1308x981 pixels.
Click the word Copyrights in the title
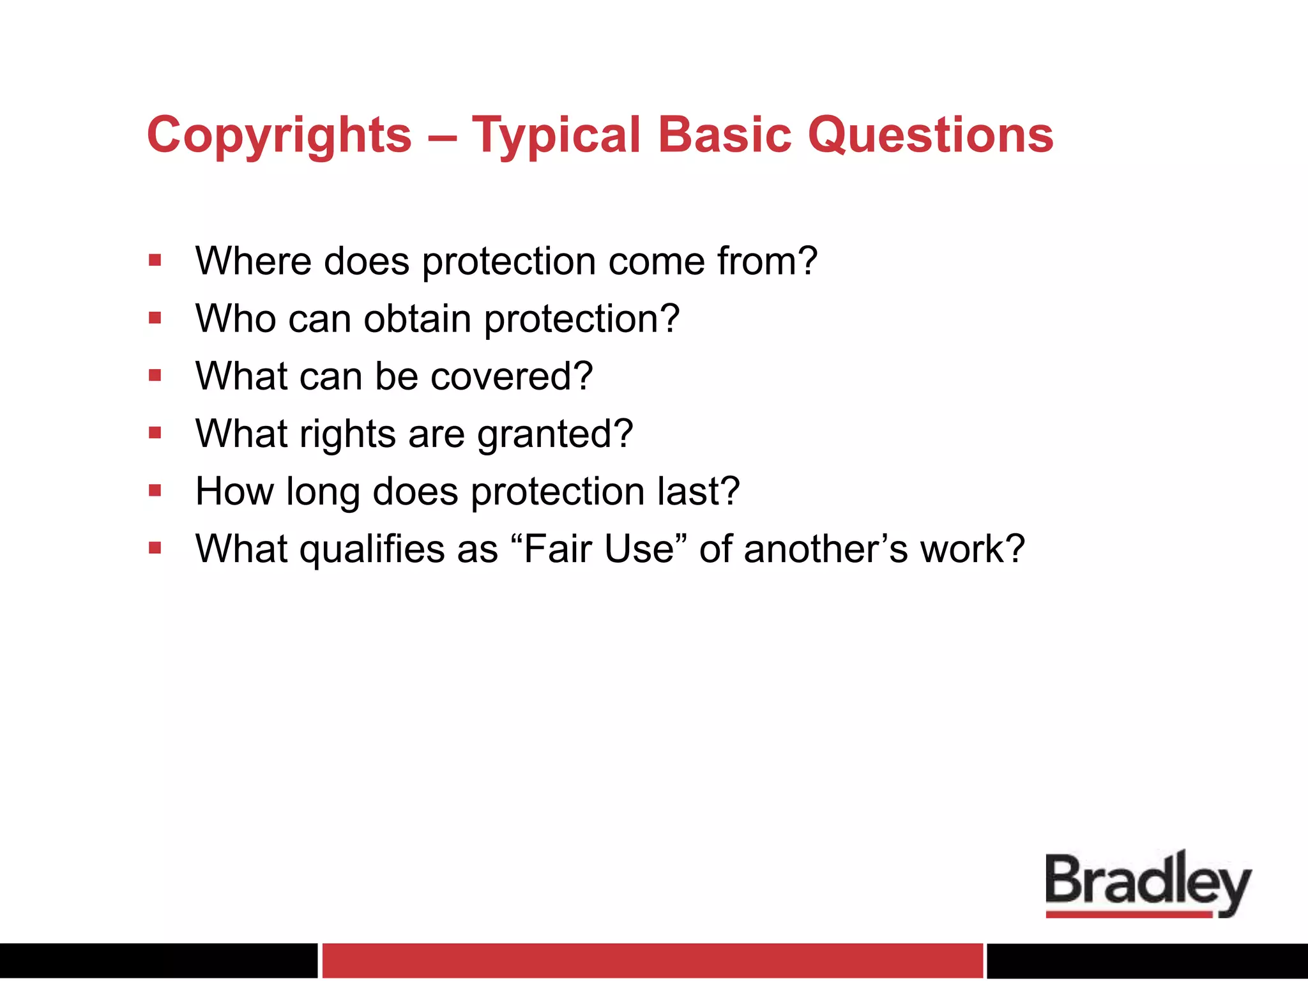pyautogui.click(x=279, y=135)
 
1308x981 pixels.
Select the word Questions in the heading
pyautogui.click(x=931, y=135)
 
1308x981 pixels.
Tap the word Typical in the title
pyautogui.click(x=556, y=135)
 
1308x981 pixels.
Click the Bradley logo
pyautogui.click(x=1148, y=884)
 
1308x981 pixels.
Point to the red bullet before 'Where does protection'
pyautogui.click(x=155, y=260)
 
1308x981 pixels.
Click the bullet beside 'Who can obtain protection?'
pyautogui.click(x=155, y=317)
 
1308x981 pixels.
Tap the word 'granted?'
pyautogui.click(x=555, y=434)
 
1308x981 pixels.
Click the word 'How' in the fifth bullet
pyautogui.click(x=234, y=491)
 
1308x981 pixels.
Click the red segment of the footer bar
pyautogui.click(x=652, y=960)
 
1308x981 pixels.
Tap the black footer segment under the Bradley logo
pyautogui.click(x=1147, y=960)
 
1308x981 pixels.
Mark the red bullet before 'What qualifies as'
pyautogui.click(x=155, y=547)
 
